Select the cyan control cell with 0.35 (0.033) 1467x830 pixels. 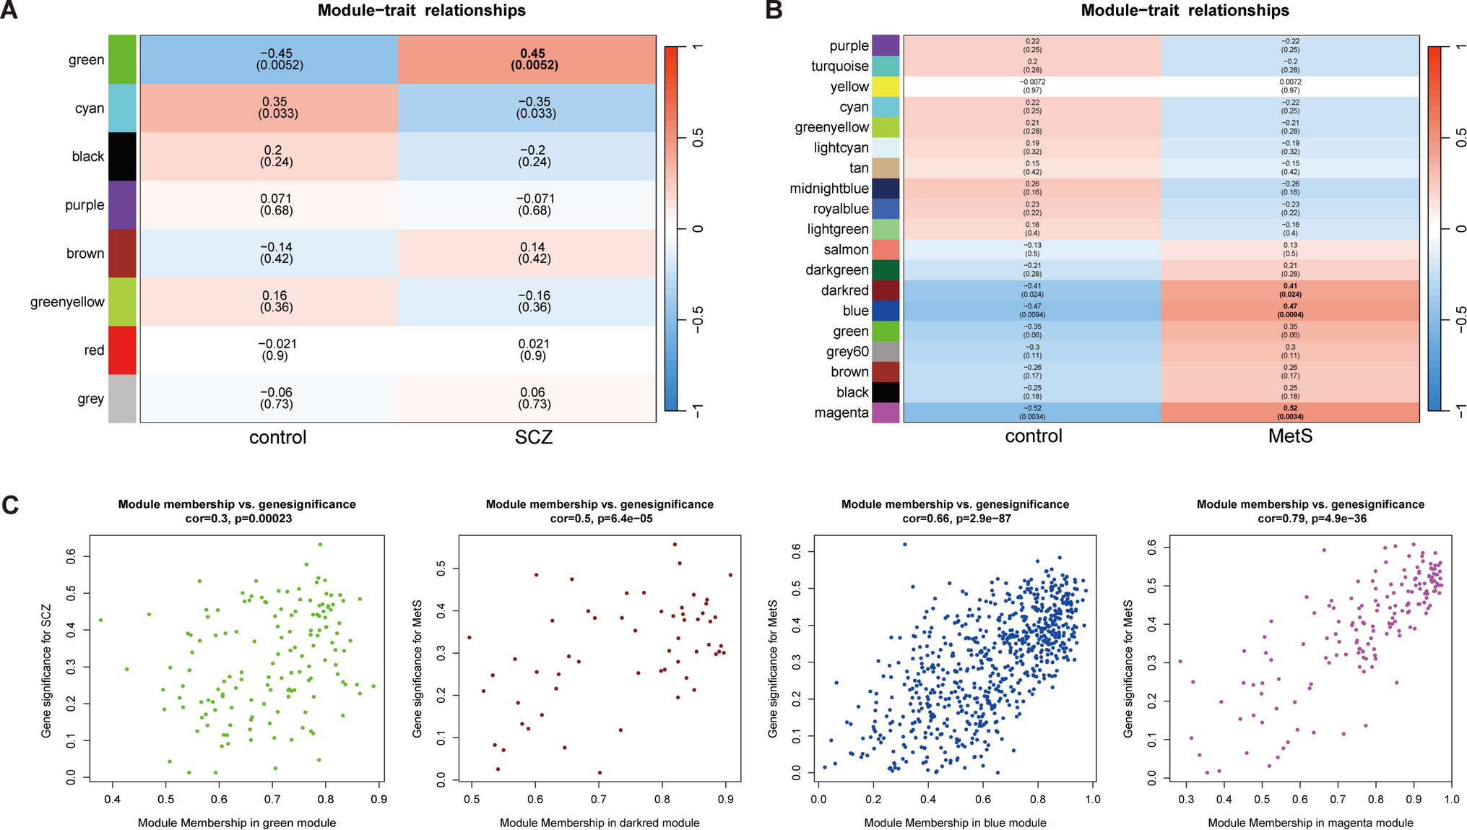278,108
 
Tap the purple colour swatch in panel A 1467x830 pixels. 122,205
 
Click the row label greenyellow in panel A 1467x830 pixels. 67,302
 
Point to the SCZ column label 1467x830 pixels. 534,437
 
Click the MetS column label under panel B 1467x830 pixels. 1290,436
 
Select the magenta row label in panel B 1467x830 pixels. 841,413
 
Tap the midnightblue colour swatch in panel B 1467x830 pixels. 886,189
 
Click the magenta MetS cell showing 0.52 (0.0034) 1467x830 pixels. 1290,412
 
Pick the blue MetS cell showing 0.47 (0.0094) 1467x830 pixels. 1290,311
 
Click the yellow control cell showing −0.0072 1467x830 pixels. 1031,86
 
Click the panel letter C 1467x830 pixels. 10,505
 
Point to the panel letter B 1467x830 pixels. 774,10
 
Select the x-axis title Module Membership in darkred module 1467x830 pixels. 600,823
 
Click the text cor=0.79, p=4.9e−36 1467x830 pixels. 1310,519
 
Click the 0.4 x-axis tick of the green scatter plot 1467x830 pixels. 113,800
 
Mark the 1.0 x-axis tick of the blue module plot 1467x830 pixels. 1093,800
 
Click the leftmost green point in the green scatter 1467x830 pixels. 101,620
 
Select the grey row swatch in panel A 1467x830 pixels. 122,399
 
